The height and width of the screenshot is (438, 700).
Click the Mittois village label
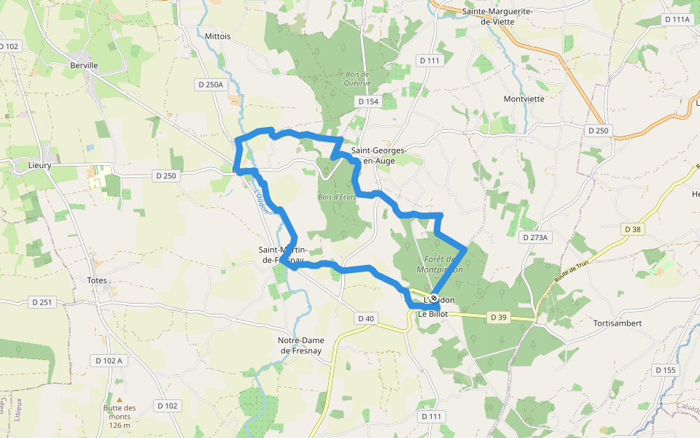click(218, 36)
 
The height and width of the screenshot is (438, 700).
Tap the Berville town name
click(84, 65)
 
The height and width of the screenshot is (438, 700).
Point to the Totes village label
click(96, 280)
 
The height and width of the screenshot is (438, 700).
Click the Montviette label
click(524, 99)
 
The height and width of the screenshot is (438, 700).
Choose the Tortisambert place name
click(617, 323)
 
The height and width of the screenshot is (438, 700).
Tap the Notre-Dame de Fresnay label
click(301, 345)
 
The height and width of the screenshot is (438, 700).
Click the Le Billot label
click(433, 314)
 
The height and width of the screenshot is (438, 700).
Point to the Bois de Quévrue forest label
click(357, 78)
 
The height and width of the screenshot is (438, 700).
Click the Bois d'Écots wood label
click(336, 197)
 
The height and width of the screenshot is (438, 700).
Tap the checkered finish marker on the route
click(434, 298)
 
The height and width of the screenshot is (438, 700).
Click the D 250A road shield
click(211, 85)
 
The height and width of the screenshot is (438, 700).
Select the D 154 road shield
click(367, 101)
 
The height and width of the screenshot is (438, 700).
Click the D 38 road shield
click(633, 229)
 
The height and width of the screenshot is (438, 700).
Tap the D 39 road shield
click(498, 317)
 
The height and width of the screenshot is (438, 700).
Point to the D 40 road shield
click(366, 318)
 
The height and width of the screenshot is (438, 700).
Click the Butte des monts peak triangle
click(120, 399)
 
